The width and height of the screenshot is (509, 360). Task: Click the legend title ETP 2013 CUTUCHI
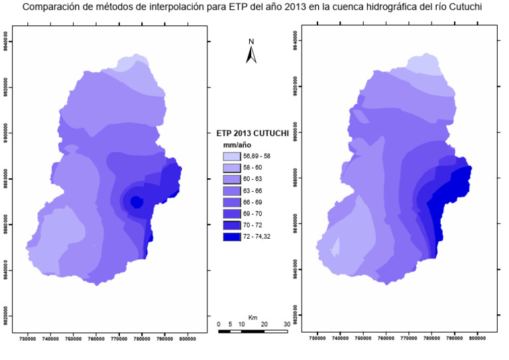[253, 133]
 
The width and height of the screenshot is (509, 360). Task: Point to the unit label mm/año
[237, 145]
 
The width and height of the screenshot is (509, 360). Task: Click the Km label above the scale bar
[253, 318]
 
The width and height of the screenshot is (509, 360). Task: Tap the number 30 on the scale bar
[286, 324]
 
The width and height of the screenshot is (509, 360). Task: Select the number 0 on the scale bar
[219, 324]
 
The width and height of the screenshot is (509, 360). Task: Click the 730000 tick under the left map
[28, 338]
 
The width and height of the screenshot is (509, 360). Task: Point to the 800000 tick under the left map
[188, 338]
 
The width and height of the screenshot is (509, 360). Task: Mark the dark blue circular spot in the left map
[137, 202]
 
